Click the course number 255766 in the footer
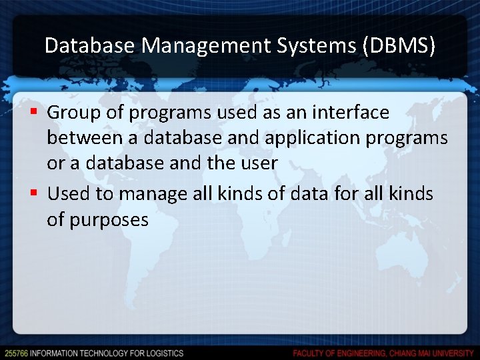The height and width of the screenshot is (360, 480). click(x=15, y=353)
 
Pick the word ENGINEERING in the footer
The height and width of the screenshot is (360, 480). click(x=360, y=353)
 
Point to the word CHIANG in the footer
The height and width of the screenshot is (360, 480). click(x=402, y=353)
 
